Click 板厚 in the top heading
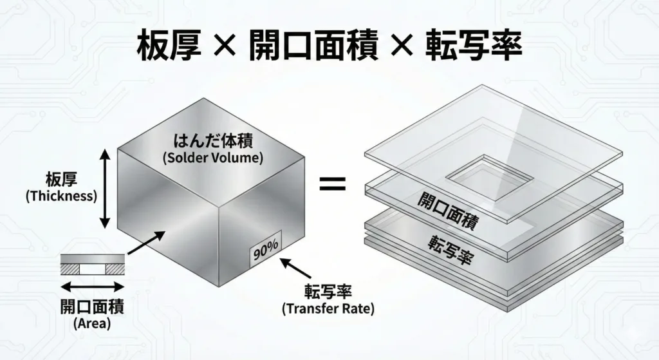(169, 46)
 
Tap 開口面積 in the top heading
(313, 46)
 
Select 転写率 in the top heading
(474, 46)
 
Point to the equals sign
(333, 184)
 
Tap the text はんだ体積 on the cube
(213, 141)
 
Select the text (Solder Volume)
(212, 158)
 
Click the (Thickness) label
(61, 196)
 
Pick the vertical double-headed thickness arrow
(105, 189)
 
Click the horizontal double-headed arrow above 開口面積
(93, 287)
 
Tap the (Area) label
(93, 323)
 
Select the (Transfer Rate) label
(328, 308)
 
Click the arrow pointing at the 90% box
(296, 269)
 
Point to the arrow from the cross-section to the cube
(146, 243)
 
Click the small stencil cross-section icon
(93, 265)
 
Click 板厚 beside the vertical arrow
(61, 181)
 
